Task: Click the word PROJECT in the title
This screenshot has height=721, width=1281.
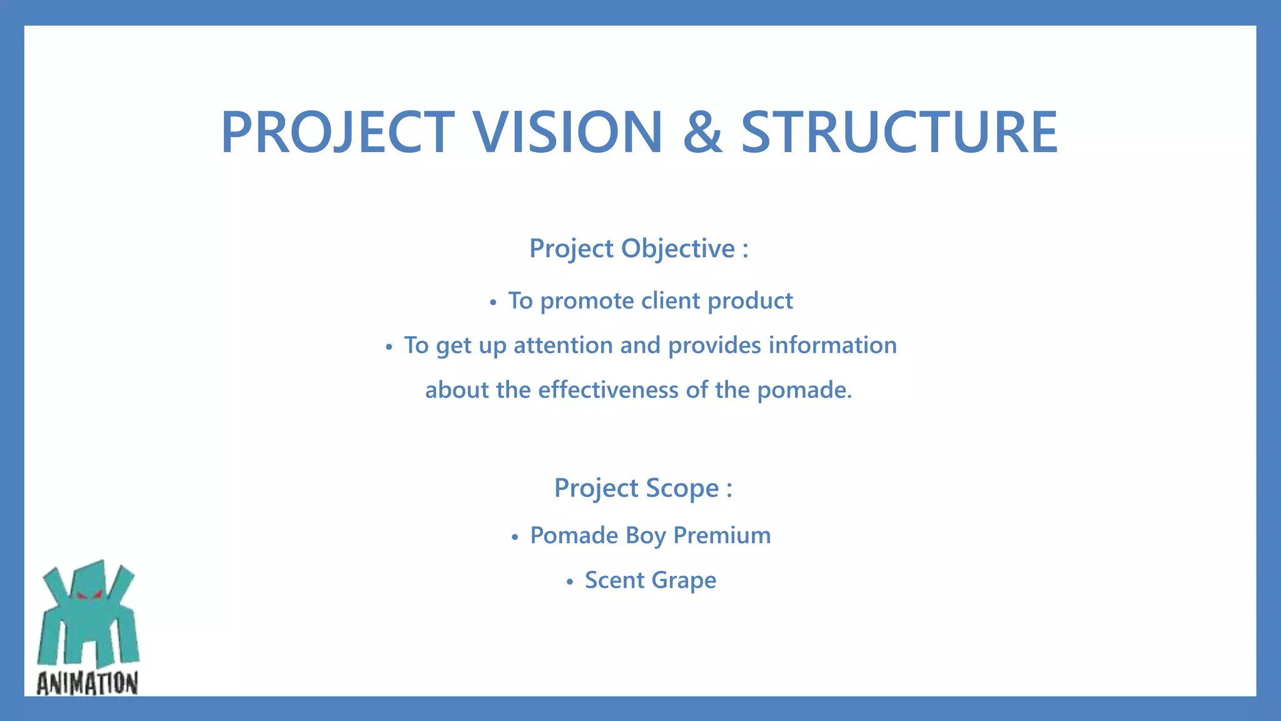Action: tap(338, 132)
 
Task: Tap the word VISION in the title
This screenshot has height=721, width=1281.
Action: tap(567, 132)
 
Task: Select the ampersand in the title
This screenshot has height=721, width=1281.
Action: tap(702, 132)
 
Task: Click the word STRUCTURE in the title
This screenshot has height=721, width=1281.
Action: tap(899, 132)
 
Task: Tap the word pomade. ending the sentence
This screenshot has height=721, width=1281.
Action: tap(804, 391)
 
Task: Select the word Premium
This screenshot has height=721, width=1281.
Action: tap(722, 536)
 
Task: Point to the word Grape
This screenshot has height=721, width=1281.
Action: tap(684, 581)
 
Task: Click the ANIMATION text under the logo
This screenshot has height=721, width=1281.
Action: tap(87, 683)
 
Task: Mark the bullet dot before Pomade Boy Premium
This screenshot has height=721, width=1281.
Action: tap(515, 538)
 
